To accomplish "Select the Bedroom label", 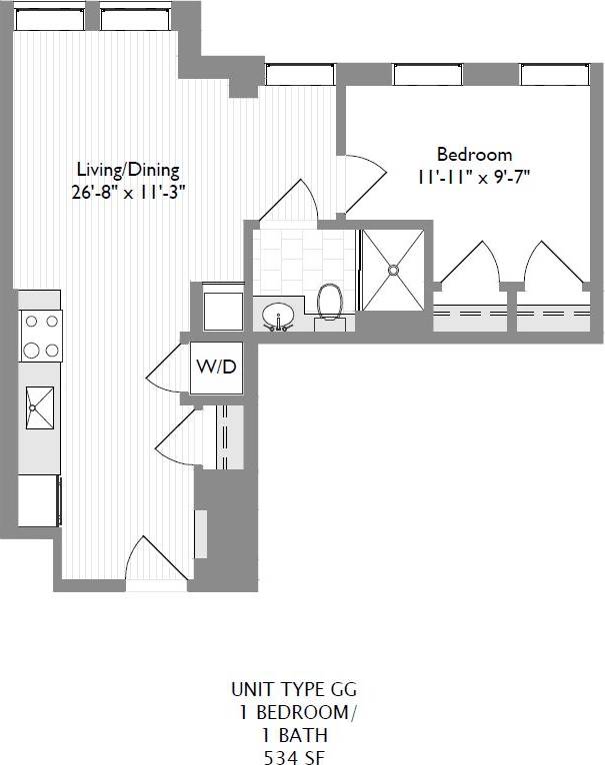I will click(x=474, y=155).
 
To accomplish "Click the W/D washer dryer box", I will click(x=216, y=367).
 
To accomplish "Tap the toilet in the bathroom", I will click(x=329, y=303).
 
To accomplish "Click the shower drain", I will click(x=394, y=269).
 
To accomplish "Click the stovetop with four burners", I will click(x=40, y=336).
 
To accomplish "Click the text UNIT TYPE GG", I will click(x=293, y=689).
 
